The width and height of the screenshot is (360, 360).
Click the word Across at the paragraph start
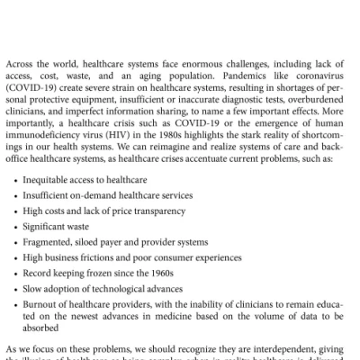(21, 65)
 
